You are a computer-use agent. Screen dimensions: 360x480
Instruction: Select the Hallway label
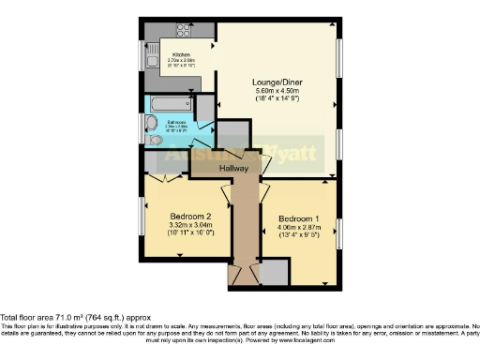tap(234, 168)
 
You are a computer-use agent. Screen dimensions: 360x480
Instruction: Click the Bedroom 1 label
tap(298, 219)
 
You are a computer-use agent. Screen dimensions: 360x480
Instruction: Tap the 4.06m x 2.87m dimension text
tap(298, 229)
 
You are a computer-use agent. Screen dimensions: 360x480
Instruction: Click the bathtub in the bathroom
tap(170, 103)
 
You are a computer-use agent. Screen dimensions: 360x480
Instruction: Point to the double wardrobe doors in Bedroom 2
tap(165, 179)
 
